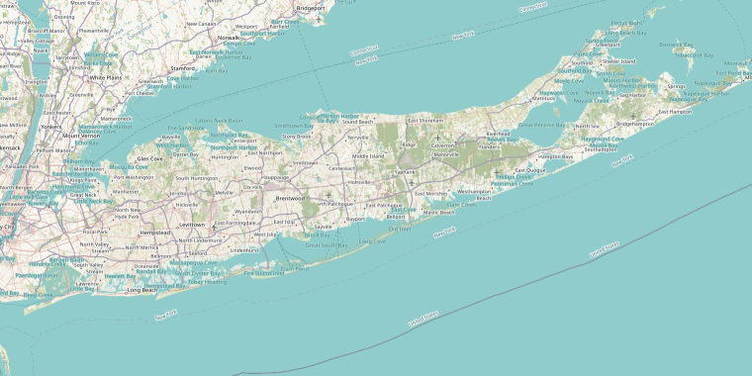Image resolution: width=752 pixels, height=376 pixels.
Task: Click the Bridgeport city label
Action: pyautogui.click(x=310, y=8)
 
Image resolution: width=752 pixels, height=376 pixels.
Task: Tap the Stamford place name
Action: pyautogui.click(x=182, y=69)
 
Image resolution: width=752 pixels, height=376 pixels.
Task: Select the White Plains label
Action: pyautogui.click(x=103, y=76)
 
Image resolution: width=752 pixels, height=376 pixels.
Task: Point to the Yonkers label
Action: pyautogui.click(x=51, y=127)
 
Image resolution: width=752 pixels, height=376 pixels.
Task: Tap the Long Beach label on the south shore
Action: pyautogui.click(x=141, y=290)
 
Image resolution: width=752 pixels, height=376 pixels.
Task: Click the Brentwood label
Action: pyautogui.click(x=289, y=198)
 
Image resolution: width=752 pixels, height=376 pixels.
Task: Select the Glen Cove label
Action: pyautogui.click(x=149, y=158)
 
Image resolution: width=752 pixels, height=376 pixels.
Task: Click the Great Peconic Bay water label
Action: pyautogui.click(x=543, y=126)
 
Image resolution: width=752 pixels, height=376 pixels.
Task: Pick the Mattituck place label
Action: pyautogui.click(x=544, y=99)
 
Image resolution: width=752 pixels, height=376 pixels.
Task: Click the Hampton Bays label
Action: pyautogui.click(x=555, y=156)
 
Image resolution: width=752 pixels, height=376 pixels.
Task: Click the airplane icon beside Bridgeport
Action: pyautogui.click(x=319, y=20)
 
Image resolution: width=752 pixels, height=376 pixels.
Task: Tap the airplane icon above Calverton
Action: pyautogui.click(x=435, y=138)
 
